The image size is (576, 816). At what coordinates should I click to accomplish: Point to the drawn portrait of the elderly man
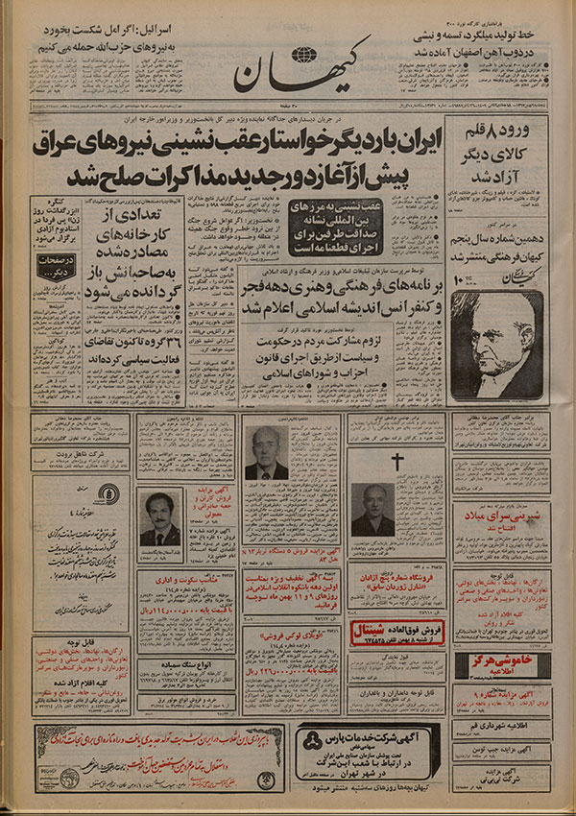(x=497, y=344)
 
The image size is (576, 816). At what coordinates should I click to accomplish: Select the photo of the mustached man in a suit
(x=159, y=519)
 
